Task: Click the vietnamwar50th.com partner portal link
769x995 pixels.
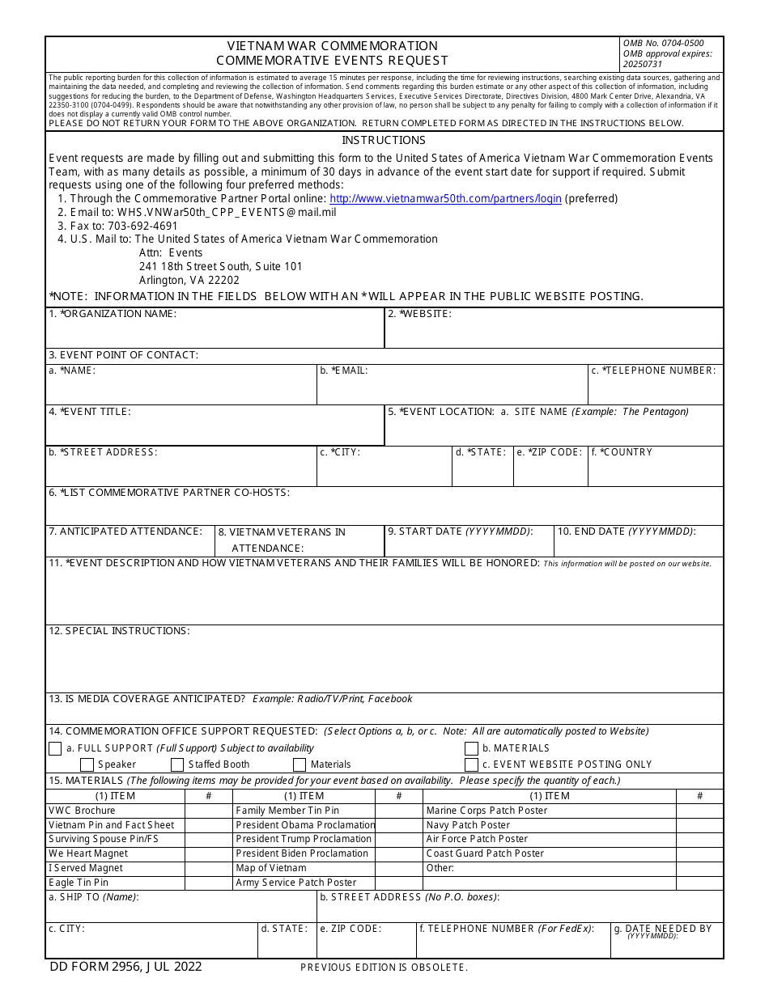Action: tap(445, 199)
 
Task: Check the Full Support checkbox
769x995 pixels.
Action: tap(55, 749)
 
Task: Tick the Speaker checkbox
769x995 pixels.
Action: tap(87, 764)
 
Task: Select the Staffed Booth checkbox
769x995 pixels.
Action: tap(177, 764)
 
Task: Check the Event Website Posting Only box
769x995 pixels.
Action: tap(471, 764)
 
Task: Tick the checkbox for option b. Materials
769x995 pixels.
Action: tap(471, 749)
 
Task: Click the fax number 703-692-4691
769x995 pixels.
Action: tap(142, 226)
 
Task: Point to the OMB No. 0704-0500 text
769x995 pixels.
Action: tap(663, 44)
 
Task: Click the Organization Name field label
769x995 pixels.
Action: tap(113, 314)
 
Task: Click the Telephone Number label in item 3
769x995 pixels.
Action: tap(653, 370)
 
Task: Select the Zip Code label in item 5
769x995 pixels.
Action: tap(550, 452)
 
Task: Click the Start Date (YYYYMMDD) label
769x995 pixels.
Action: tap(460, 531)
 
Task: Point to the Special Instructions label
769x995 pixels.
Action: tap(119, 631)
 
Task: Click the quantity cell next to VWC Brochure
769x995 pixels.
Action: tap(209, 811)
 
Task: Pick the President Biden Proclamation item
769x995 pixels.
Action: tap(302, 853)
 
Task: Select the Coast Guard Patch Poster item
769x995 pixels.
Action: tap(485, 853)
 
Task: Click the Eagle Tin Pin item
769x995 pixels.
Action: tap(79, 883)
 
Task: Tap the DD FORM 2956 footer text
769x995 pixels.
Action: tap(125, 966)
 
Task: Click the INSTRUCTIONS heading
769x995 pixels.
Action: tap(384, 140)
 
